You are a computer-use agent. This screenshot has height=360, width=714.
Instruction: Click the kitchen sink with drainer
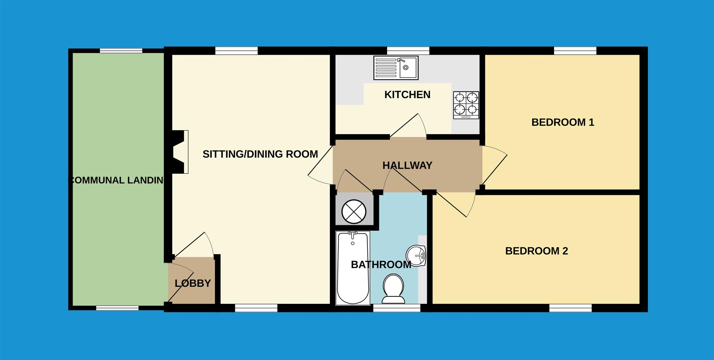(396, 68)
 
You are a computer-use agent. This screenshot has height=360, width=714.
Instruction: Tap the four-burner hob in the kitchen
(466, 105)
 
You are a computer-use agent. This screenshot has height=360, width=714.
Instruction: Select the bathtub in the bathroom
(353, 268)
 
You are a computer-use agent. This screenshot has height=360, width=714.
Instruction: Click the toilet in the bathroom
(393, 289)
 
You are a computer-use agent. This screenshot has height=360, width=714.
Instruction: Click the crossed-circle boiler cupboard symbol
(354, 211)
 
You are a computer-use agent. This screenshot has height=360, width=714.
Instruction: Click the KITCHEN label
(407, 95)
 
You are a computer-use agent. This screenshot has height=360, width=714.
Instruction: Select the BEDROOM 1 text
(563, 122)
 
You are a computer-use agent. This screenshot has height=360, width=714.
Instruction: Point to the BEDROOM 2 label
(536, 251)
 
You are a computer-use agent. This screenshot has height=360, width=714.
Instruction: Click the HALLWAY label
(407, 165)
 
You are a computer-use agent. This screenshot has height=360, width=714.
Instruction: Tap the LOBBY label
(193, 283)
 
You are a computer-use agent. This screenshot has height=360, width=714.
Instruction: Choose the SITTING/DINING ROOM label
(260, 154)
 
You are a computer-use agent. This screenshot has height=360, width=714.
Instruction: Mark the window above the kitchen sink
(408, 51)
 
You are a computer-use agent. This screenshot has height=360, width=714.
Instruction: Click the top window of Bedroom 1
(575, 51)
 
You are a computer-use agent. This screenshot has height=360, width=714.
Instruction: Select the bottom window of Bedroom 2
(570, 308)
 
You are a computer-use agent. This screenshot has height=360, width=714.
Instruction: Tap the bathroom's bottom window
(397, 308)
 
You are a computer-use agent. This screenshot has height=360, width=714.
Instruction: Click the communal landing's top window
(121, 51)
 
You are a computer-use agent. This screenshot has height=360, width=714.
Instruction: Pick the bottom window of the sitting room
(256, 308)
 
